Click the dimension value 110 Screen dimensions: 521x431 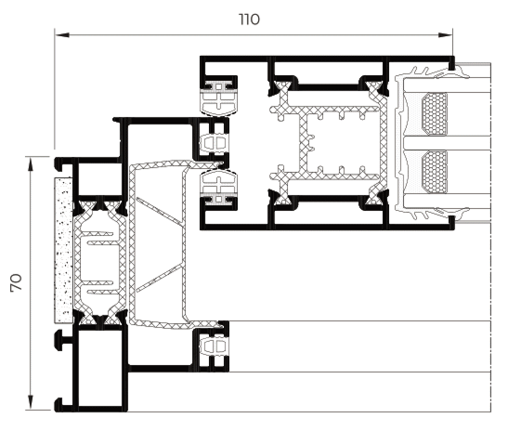[249, 20]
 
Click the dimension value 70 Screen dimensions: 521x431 [17, 282]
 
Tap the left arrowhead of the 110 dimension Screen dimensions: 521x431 [62, 34]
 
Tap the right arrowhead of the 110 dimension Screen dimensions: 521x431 [445, 34]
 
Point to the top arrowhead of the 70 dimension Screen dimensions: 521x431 [31, 164]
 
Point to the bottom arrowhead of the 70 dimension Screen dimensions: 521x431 [31, 402]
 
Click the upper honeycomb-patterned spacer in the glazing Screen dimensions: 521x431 [435, 113]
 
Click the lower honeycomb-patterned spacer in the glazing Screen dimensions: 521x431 [435, 172]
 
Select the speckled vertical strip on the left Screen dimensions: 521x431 [63, 250]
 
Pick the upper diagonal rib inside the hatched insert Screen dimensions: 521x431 [160, 212]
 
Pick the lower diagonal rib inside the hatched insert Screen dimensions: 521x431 [160, 278]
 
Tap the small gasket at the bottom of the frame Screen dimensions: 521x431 [214, 346]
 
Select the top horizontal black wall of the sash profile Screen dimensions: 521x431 [327, 59]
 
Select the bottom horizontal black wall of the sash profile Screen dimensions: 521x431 [327, 227]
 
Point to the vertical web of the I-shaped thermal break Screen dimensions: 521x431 [303, 143]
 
